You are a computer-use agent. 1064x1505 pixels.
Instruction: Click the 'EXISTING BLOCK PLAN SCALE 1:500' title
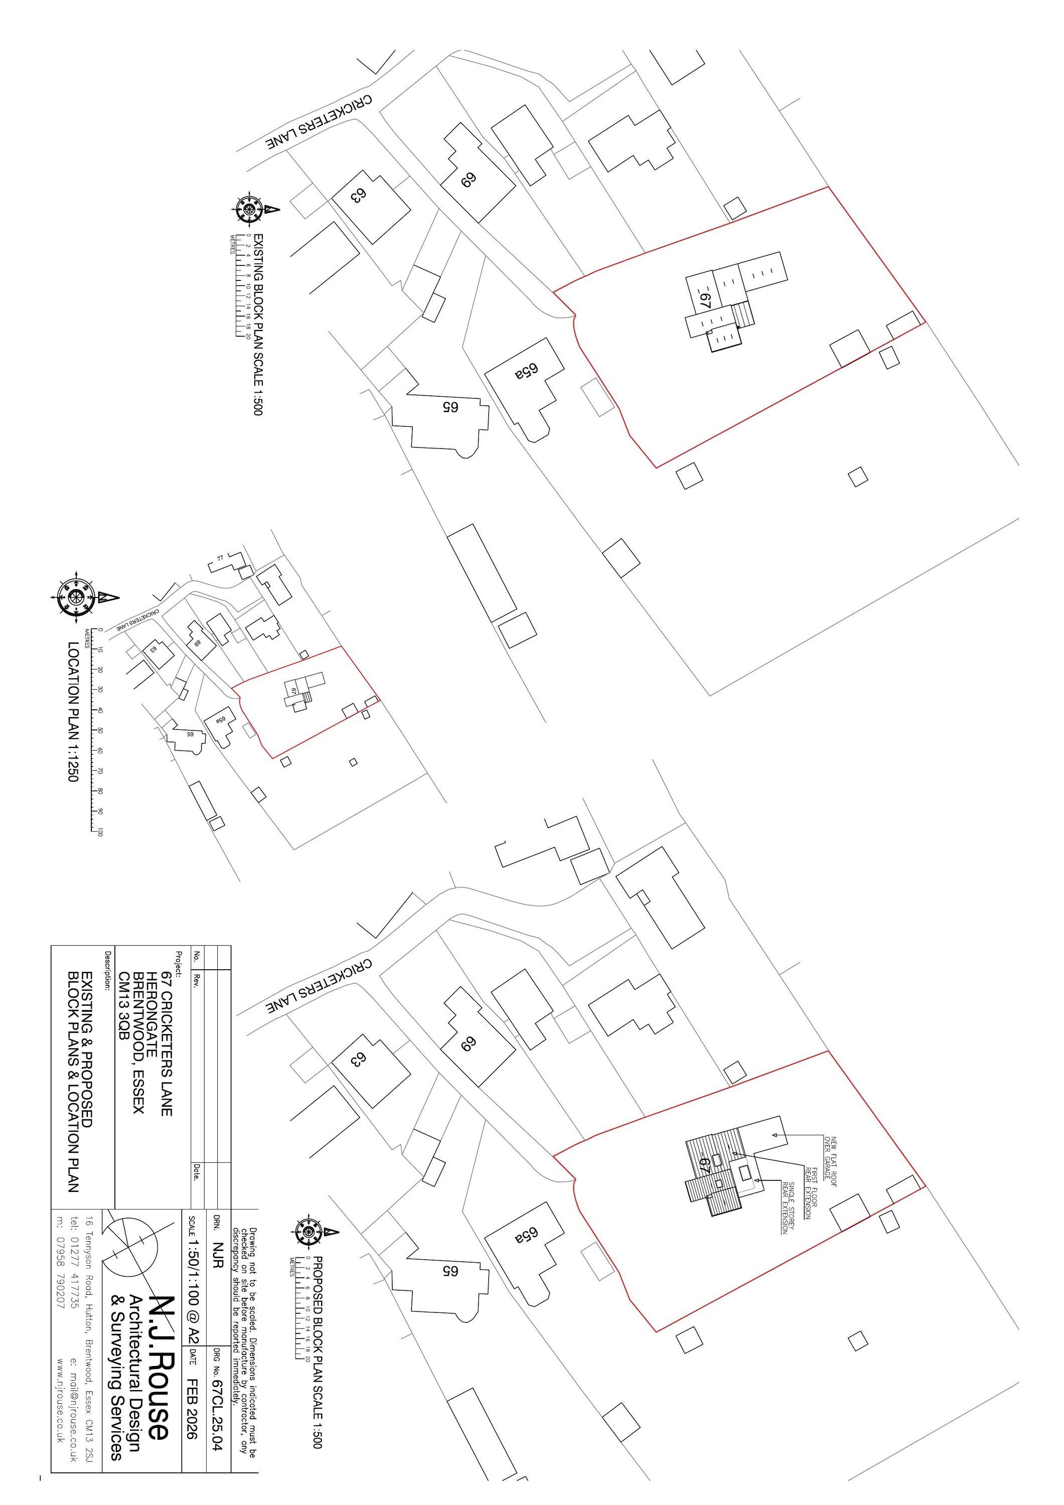(258, 325)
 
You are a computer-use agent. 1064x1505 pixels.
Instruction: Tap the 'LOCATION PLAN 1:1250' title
(73, 711)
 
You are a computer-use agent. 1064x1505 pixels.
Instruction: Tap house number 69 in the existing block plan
(468, 179)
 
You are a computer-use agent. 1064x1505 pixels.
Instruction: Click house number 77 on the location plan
(220, 558)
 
